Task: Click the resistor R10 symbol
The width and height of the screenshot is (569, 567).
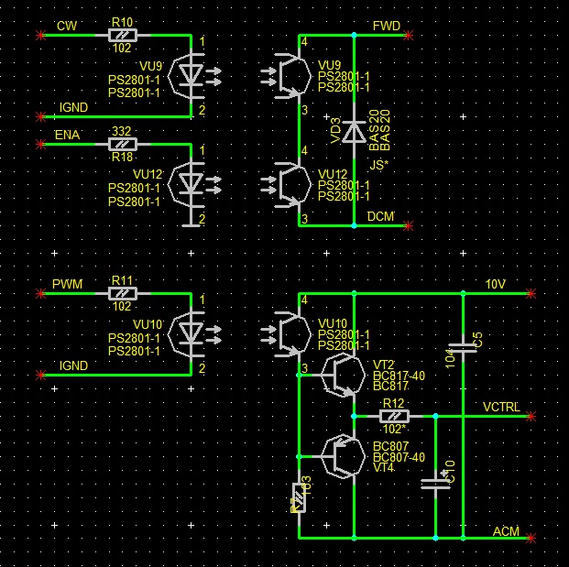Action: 122,35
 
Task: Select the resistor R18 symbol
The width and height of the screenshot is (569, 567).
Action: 122,144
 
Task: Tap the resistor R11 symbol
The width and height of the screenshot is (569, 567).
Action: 122,293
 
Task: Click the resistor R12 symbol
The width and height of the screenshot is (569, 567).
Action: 394,415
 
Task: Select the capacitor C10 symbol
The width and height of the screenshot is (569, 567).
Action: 434,482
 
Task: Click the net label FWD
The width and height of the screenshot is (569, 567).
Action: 385,27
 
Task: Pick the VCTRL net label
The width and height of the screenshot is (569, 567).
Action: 501,407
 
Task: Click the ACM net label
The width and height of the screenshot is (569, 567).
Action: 506,531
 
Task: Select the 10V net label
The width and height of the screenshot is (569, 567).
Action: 495,285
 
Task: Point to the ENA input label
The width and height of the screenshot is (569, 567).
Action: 67,135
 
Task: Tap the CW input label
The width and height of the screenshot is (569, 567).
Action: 67,26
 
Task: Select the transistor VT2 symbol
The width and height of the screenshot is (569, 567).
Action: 342,376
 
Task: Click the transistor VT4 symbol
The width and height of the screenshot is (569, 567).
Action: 342,454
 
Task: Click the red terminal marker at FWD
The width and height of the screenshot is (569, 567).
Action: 409,35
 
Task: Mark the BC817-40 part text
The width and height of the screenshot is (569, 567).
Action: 399,376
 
